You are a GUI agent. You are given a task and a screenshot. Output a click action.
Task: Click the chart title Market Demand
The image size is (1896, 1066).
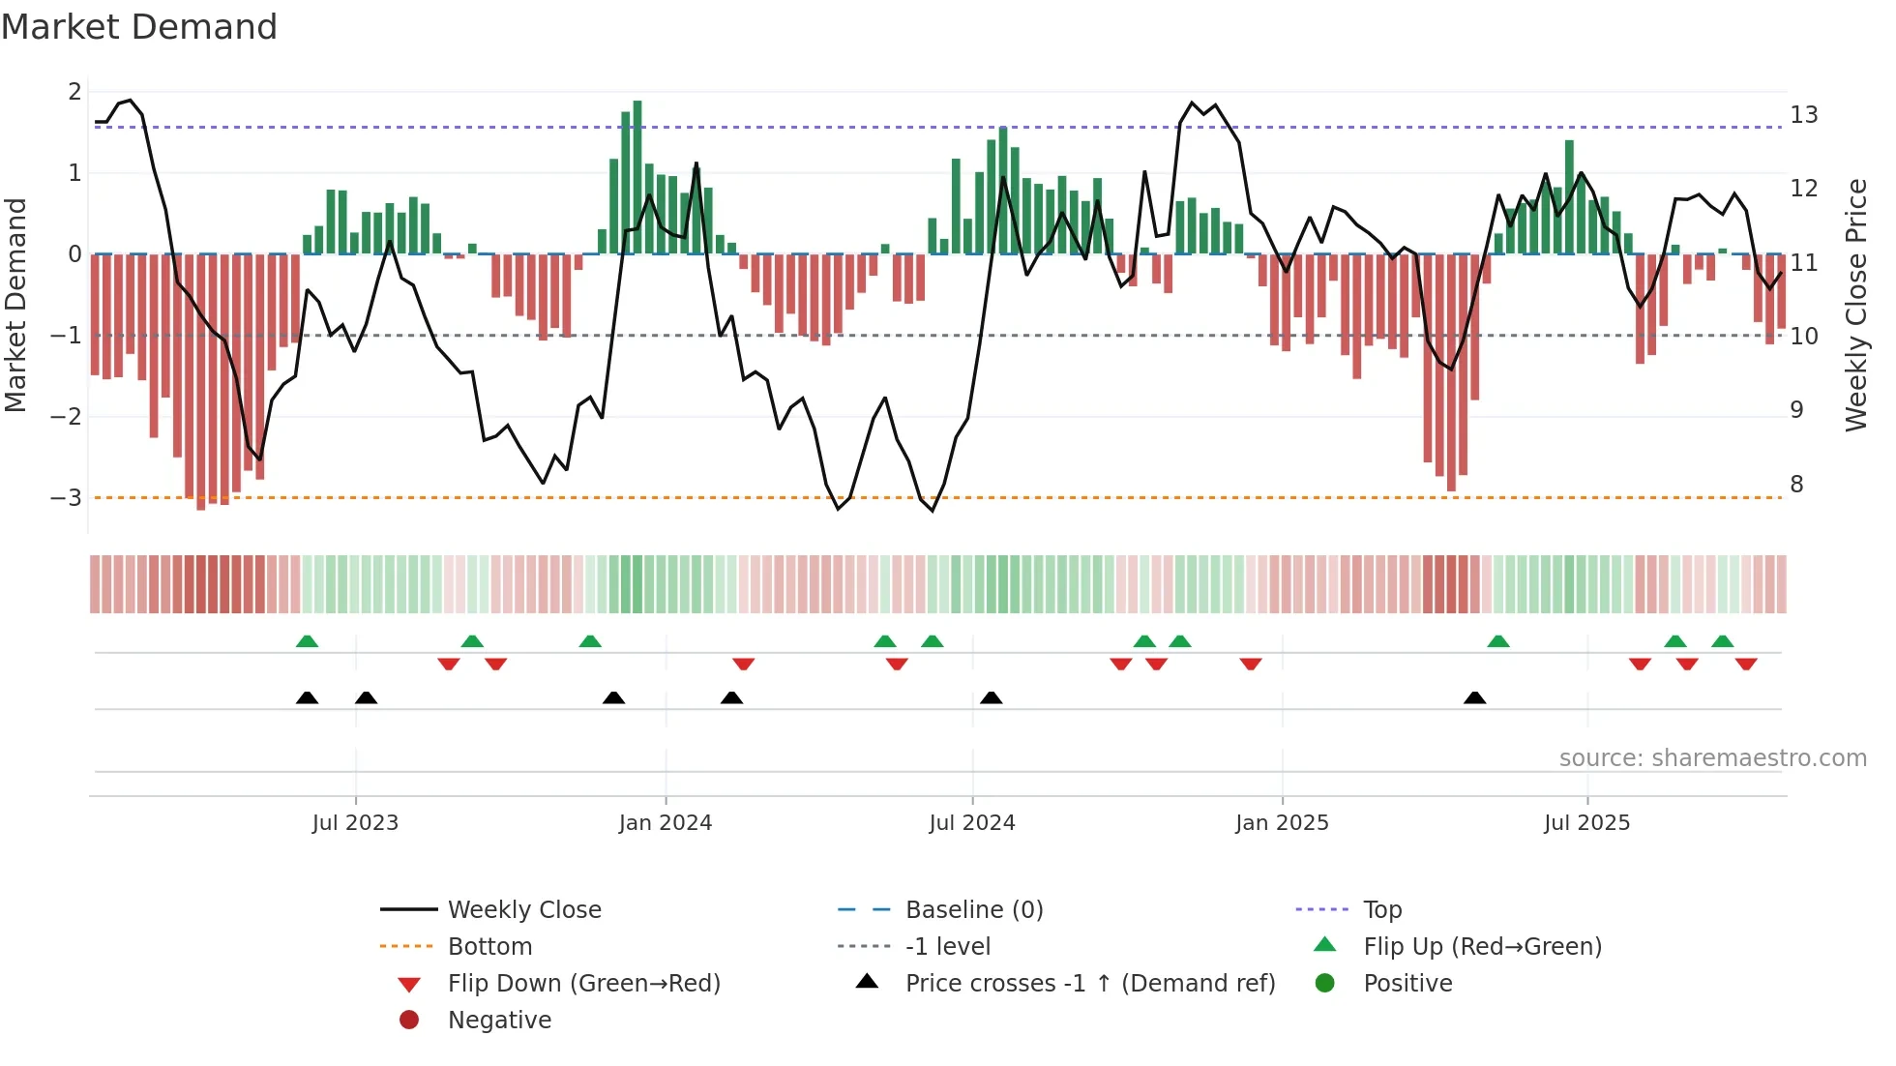click(x=139, y=27)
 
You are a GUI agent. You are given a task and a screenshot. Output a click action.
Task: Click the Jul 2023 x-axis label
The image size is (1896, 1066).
click(x=355, y=823)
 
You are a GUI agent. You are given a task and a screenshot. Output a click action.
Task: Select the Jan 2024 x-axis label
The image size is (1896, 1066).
click(x=665, y=823)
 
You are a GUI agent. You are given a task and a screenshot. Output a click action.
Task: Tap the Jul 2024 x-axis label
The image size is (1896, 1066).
click(x=971, y=823)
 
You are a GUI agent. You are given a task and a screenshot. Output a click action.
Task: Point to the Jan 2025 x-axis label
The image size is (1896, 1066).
click(x=1282, y=823)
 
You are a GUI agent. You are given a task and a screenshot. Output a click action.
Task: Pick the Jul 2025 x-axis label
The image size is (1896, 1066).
click(x=1586, y=823)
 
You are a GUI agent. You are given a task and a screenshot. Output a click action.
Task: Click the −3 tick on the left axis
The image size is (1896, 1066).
click(x=67, y=498)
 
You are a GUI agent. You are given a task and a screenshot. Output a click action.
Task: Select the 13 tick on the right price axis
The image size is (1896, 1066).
click(x=1803, y=115)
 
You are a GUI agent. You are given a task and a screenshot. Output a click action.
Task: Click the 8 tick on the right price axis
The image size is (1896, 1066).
click(x=1796, y=485)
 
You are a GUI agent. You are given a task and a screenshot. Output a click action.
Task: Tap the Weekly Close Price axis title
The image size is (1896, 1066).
click(x=1855, y=305)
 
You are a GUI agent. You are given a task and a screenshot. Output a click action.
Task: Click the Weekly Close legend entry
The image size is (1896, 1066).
click(x=523, y=910)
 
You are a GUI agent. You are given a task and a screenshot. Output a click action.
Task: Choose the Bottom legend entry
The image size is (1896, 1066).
click(x=489, y=947)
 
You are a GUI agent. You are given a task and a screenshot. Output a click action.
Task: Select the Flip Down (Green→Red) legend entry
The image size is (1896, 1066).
click(x=583, y=984)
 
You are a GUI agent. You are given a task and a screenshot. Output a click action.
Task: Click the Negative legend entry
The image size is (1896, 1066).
click(x=499, y=1021)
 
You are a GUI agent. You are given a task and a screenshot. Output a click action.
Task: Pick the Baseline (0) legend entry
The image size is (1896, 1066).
click(x=973, y=910)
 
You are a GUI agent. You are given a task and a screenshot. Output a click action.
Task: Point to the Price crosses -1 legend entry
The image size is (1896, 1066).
click(x=1089, y=984)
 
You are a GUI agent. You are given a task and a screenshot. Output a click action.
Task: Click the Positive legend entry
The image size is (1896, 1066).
click(x=1407, y=984)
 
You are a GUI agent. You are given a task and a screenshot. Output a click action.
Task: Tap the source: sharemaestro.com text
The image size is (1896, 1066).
click(x=1712, y=758)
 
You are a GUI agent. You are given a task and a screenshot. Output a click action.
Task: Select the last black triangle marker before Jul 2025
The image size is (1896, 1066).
click(x=1474, y=698)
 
